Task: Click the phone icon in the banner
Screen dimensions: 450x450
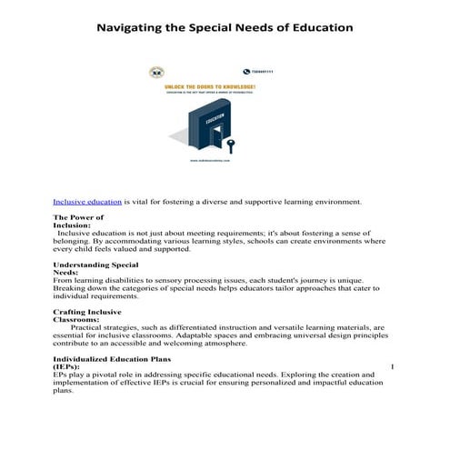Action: [245, 71]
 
